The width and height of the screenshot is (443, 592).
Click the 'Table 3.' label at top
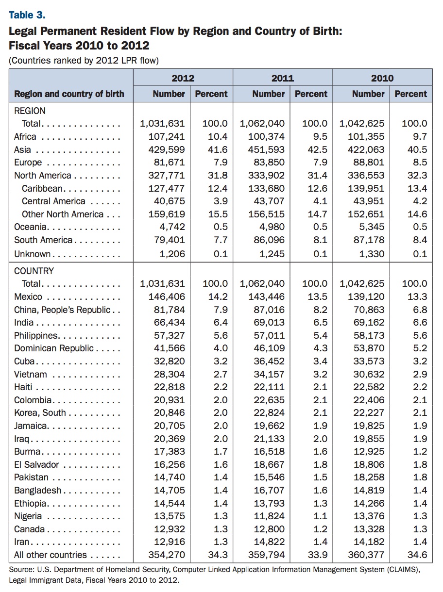(27, 15)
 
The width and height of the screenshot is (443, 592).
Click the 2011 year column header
(282, 78)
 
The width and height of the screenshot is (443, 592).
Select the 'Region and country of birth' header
(69, 94)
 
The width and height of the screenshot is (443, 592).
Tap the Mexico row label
(28, 296)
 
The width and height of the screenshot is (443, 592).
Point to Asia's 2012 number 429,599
(167, 149)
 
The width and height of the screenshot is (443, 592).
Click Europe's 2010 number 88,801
(369, 163)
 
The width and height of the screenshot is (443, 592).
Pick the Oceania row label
(32, 227)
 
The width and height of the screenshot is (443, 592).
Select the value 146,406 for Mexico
(167, 296)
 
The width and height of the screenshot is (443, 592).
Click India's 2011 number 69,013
(269, 322)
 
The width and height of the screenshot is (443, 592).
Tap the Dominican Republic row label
(54, 348)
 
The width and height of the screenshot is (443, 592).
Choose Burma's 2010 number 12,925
(369, 451)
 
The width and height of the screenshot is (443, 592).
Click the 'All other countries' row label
(51, 555)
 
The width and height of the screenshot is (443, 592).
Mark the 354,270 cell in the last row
(167, 555)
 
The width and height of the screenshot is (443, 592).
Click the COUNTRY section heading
(34, 271)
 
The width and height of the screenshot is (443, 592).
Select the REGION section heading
(30, 111)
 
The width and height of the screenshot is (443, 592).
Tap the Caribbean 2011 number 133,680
(266, 188)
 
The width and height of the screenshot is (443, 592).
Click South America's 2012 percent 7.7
(221, 240)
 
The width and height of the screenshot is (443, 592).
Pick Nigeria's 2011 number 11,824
(269, 516)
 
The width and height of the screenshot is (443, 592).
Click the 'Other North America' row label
(63, 214)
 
